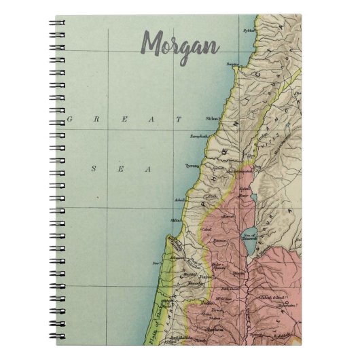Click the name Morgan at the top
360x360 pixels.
tap(180, 45)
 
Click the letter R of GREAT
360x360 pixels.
tap(97, 119)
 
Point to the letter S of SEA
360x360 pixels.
tap(94, 169)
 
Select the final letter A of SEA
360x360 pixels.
tap(147, 169)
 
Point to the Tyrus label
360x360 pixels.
tap(192, 165)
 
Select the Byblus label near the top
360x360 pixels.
tap(249, 31)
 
